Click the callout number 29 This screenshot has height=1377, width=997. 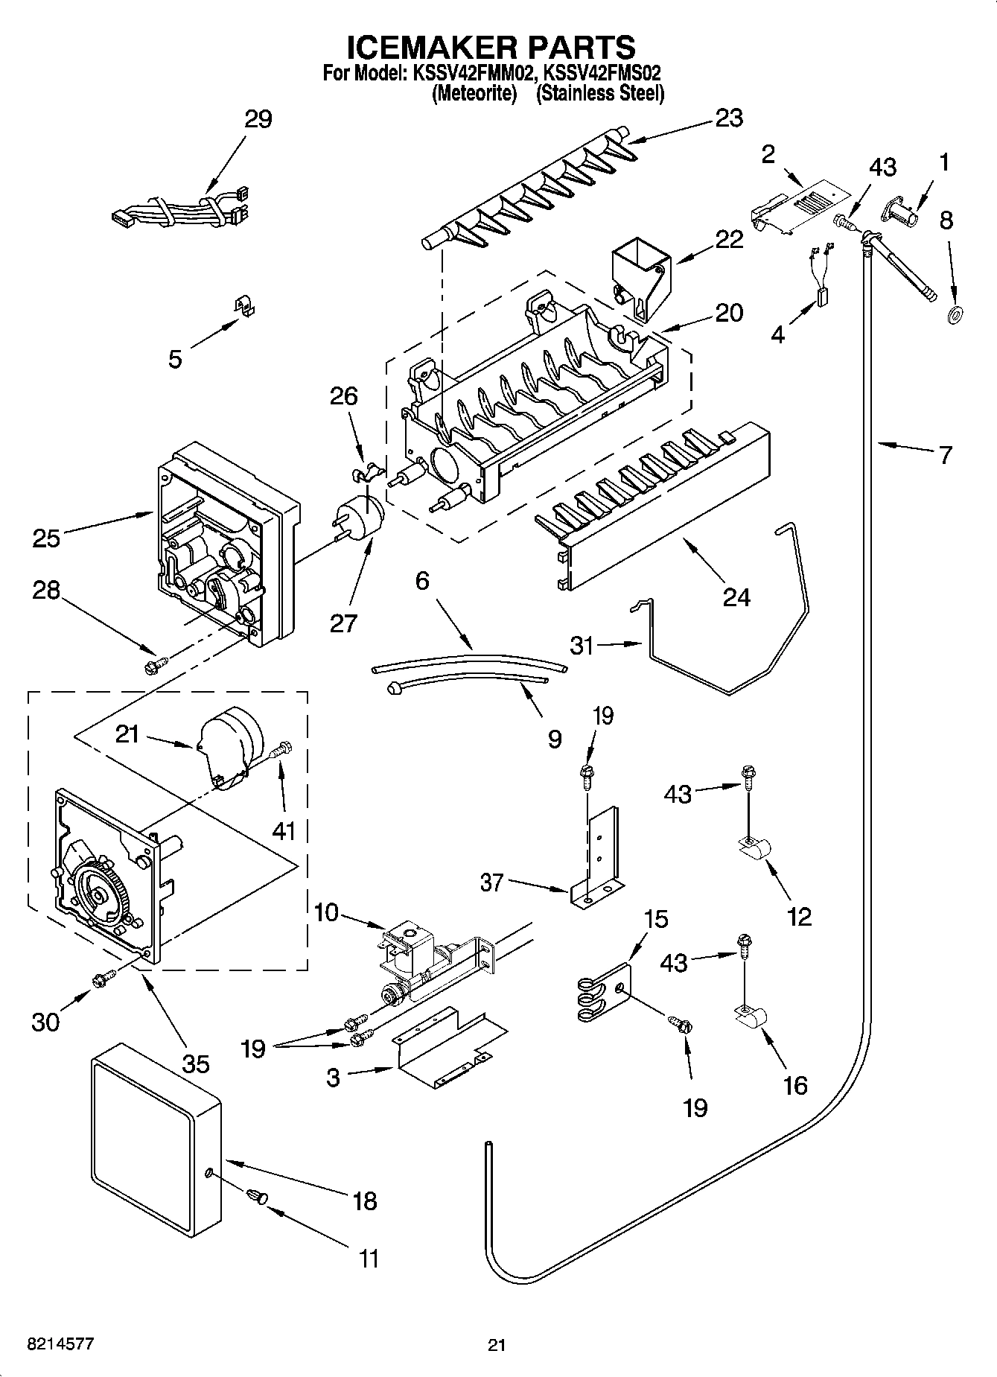[x=258, y=119]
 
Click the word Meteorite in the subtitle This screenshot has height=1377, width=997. [x=474, y=94]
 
